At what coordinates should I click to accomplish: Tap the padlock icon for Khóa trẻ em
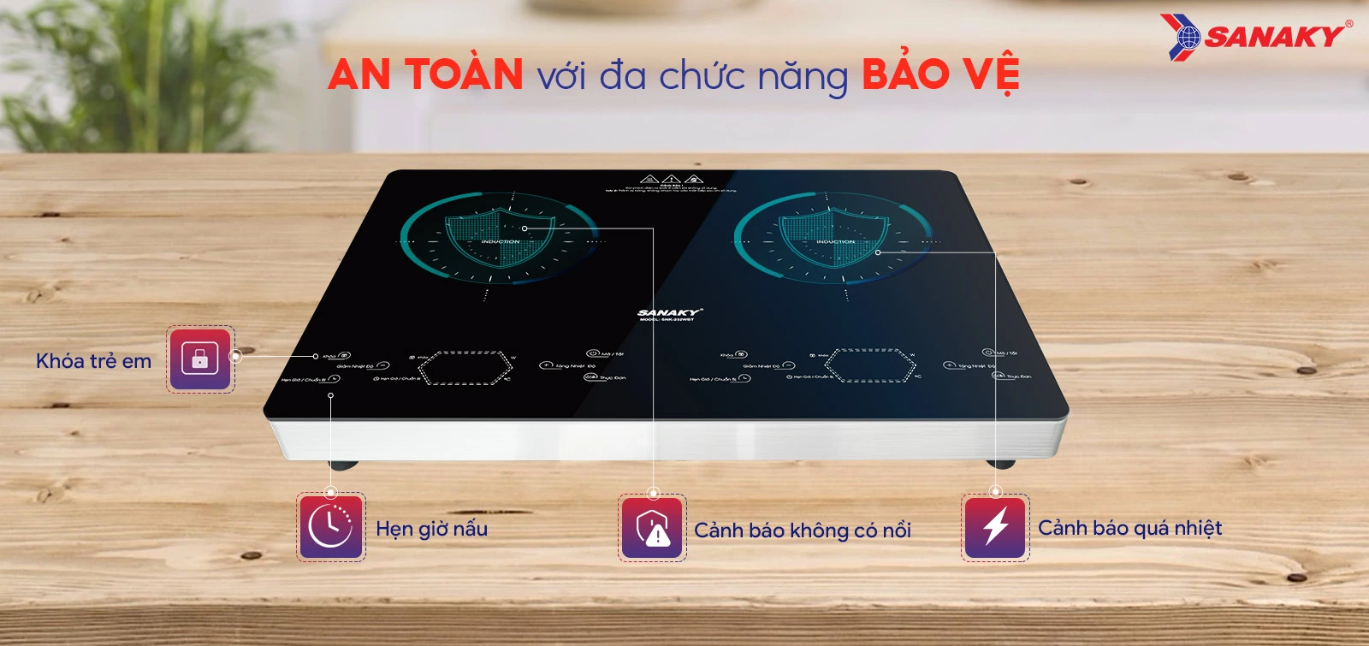(200, 359)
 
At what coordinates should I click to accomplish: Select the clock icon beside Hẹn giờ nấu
(331, 527)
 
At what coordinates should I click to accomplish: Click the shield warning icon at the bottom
(653, 528)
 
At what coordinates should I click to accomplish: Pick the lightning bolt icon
(995, 527)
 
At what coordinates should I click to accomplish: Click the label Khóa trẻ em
(93, 361)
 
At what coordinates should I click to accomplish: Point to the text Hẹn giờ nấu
(431, 529)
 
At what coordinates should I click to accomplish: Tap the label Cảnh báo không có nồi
(802, 530)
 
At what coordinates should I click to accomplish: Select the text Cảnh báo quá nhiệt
(1129, 528)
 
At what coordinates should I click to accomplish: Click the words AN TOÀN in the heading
(425, 74)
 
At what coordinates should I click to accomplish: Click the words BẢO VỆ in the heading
(940, 74)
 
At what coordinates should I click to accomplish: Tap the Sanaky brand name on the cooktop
(668, 313)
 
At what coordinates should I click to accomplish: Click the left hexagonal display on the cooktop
(466, 367)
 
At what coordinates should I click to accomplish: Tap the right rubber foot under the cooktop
(999, 464)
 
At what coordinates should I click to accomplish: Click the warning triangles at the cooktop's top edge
(671, 180)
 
